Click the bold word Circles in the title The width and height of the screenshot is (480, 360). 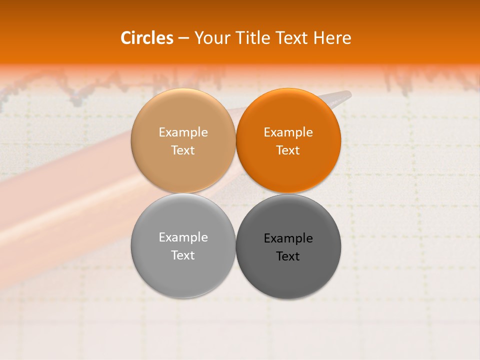tap(146, 38)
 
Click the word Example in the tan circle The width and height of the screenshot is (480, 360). tap(183, 132)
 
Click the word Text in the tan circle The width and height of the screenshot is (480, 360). tap(183, 150)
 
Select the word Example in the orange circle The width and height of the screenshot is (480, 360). tap(288, 132)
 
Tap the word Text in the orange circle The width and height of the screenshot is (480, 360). tap(288, 150)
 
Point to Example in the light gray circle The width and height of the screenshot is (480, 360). tap(183, 237)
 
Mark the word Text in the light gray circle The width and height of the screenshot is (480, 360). tap(183, 255)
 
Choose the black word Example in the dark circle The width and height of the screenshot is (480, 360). tap(288, 238)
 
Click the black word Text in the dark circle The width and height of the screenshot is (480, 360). tap(288, 256)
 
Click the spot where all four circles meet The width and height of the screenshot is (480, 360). tap(235, 193)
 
